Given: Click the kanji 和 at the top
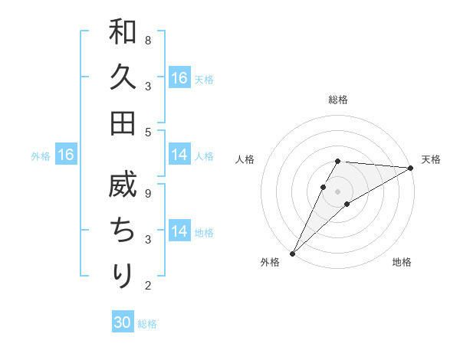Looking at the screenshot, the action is click(123, 33).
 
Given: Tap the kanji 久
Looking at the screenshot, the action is click(123, 78).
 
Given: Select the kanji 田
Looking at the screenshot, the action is click(123, 123).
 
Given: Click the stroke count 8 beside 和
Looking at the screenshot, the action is click(148, 40).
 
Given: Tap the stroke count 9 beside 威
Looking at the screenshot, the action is click(148, 193).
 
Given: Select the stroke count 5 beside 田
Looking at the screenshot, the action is click(148, 132).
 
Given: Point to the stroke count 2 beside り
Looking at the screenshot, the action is click(148, 286).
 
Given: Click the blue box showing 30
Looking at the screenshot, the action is click(123, 322).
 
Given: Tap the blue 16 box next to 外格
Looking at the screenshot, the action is click(65, 155).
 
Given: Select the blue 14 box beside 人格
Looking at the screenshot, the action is click(179, 155).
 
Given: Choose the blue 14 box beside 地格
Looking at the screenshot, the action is click(179, 231).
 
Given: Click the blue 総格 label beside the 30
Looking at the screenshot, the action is click(147, 324).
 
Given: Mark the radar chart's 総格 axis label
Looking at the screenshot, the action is click(337, 100).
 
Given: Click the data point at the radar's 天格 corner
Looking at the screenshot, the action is click(412, 168).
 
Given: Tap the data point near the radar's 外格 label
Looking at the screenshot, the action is click(292, 253).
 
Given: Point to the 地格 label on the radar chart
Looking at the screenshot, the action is click(402, 262).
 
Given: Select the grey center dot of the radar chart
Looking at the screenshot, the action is click(337, 191).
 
